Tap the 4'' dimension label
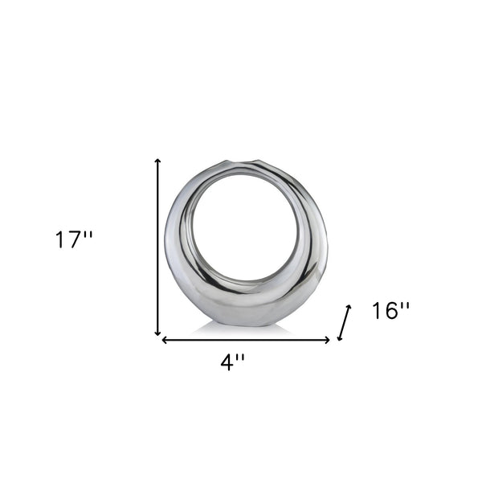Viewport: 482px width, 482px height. coord(233,363)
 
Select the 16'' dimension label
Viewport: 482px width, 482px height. coord(391,311)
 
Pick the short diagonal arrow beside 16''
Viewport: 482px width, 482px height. coord(345,322)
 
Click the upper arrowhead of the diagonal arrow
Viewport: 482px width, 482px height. coord(349,308)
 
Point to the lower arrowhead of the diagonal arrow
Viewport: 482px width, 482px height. coord(341,337)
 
